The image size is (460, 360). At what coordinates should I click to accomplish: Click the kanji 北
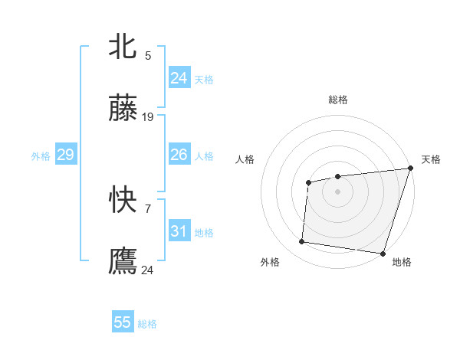[x=123, y=47]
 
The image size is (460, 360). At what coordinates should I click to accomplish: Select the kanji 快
[x=123, y=201]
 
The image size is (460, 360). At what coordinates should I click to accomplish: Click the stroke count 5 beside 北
[x=148, y=55]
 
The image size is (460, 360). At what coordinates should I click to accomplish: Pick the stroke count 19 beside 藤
[x=148, y=117]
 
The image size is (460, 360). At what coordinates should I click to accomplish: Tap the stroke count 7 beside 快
[x=148, y=208]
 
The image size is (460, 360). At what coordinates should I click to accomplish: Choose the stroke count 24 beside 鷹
[x=148, y=270]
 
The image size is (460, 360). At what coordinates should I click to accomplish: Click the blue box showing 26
[x=179, y=155]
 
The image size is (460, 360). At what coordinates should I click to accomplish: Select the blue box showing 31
[x=179, y=231]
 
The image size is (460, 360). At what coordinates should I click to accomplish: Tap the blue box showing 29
[x=65, y=155]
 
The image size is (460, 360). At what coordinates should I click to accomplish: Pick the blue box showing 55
[x=123, y=322]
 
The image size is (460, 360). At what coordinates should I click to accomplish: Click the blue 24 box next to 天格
[x=179, y=78]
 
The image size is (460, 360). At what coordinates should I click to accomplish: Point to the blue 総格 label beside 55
[x=147, y=324]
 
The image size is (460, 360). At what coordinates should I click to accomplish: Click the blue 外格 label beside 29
[x=41, y=156]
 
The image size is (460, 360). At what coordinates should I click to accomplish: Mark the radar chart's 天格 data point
[x=410, y=169]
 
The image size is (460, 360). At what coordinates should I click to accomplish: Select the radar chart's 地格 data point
[x=383, y=254]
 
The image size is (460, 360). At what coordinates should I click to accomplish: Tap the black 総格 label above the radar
[x=337, y=100]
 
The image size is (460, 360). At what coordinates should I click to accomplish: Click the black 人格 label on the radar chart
[x=245, y=159]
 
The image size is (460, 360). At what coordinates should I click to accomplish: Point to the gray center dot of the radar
[x=337, y=191]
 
